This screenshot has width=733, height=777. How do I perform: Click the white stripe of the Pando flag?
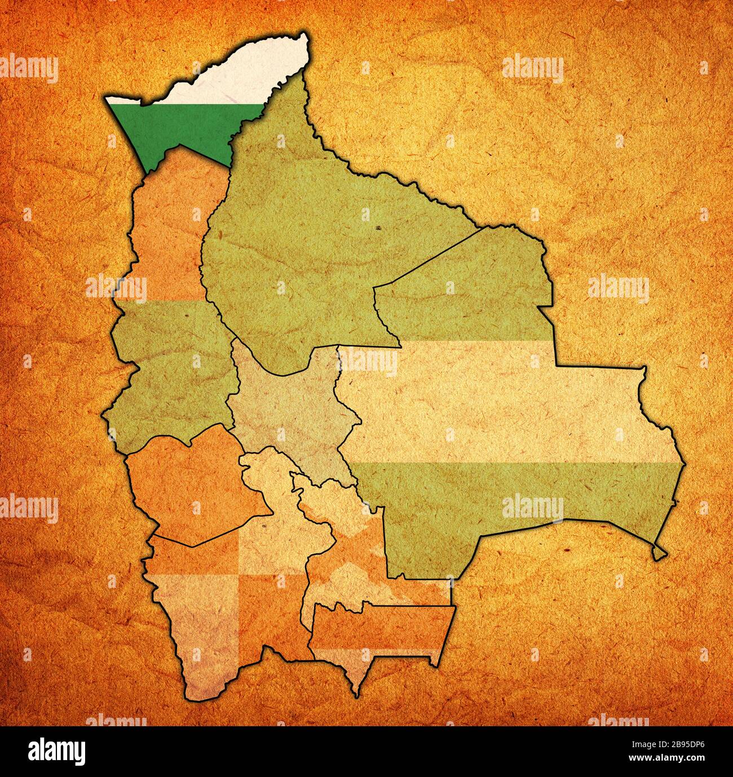(237, 79)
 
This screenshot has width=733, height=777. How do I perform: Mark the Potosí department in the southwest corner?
(226, 609)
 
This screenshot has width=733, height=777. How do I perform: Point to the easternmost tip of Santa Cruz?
(686, 464)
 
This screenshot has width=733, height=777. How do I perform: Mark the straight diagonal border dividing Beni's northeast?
(429, 257)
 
